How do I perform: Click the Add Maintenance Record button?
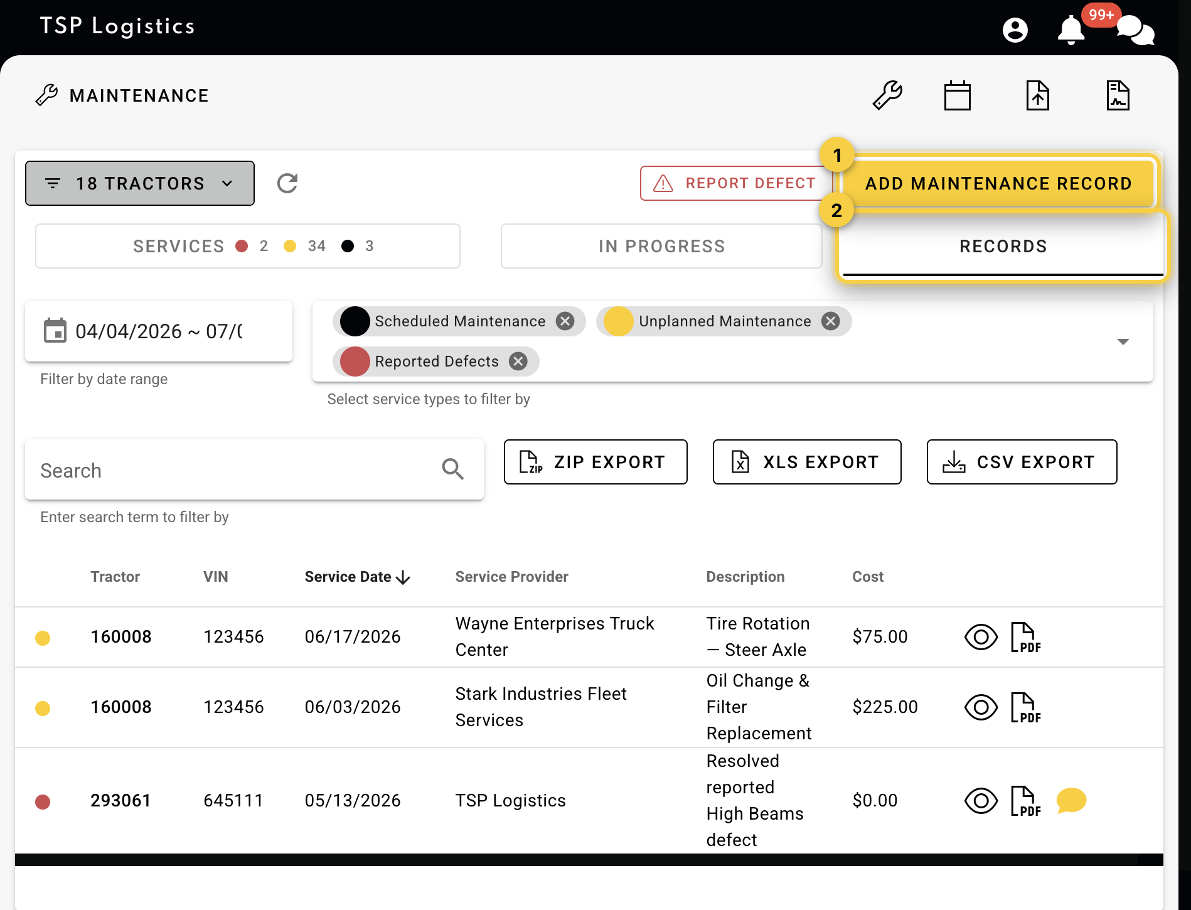pos(998,183)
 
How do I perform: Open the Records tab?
pos(1003,246)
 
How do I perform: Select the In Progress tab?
pos(661,246)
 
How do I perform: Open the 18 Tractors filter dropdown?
pos(140,183)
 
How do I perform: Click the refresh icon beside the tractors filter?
pos(287,183)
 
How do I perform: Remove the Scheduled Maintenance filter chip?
pos(565,321)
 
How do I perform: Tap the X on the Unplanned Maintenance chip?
pos(831,321)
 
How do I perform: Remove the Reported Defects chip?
pos(518,361)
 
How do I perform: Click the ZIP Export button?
pos(595,462)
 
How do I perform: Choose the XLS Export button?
pos(807,462)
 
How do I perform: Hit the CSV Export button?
pos(1022,462)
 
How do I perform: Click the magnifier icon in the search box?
pos(452,469)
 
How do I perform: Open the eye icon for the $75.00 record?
pos(981,637)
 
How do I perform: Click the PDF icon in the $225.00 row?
pos(1026,707)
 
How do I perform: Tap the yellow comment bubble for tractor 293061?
pos(1071,800)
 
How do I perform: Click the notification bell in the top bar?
pos(1071,29)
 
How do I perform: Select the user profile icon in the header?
pos(1015,29)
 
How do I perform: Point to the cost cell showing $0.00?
pos(875,800)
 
